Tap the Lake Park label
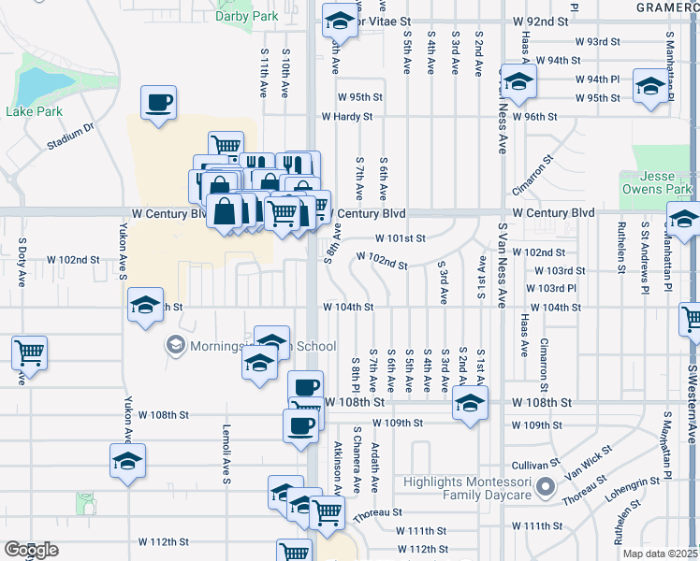(34, 111)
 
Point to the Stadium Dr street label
(71, 136)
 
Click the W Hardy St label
(347, 117)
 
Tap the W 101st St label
(401, 238)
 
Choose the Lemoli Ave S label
(226, 456)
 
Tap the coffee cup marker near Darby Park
(158, 102)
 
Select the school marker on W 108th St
(470, 404)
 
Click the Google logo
(32, 550)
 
